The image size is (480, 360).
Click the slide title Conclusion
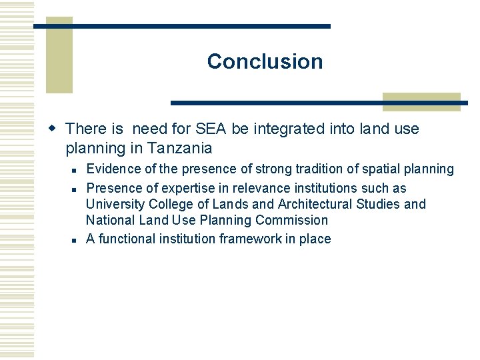tap(265, 61)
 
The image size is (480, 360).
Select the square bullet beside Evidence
tap(78, 170)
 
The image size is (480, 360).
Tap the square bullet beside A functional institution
tap(78, 239)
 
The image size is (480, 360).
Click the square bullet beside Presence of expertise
tap(78, 189)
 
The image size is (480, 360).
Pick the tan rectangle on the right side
tap(421, 101)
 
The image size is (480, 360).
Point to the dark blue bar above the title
tap(182, 26)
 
